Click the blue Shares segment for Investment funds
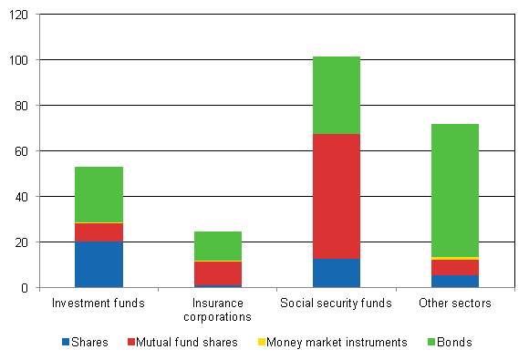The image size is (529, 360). tap(99, 264)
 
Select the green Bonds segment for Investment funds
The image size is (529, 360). tap(99, 194)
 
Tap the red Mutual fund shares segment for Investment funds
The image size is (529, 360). tap(99, 232)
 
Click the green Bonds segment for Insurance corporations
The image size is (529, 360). tap(218, 245)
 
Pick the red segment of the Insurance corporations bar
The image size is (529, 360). tap(218, 273)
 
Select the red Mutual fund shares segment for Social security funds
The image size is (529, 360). tap(337, 196)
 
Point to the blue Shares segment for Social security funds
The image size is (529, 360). tap(337, 273)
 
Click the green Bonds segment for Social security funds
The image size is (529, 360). tap(337, 95)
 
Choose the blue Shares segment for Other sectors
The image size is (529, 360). tap(455, 281)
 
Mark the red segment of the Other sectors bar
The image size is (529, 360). tap(455, 267)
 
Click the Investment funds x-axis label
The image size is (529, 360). tap(99, 303)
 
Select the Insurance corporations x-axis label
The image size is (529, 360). tap(218, 309)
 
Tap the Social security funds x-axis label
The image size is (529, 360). tap(337, 303)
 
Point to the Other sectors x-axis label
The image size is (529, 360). tap(455, 303)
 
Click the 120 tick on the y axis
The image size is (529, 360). tap(20, 15)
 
